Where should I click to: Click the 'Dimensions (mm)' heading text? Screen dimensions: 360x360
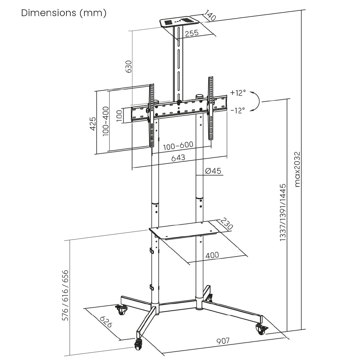click(x=64, y=13)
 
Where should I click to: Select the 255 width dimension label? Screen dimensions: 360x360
click(x=192, y=33)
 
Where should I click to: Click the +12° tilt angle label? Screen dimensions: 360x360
click(x=238, y=93)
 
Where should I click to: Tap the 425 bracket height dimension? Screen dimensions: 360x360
click(x=94, y=123)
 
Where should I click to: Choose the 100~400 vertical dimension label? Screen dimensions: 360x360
click(x=106, y=120)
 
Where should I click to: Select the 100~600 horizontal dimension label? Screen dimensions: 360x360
click(x=178, y=145)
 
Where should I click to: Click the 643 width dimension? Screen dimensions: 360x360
click(x=178, y=158)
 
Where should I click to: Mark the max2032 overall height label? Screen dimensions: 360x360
click(x=298, y=169)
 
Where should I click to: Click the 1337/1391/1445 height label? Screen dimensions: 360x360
click(x=283, y=213)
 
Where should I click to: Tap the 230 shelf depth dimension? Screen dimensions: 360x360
click(x=226, y=224)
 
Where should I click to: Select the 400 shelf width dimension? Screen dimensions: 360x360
click(x=212, y=255)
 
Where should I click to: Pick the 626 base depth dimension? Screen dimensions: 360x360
click(x=106, y=322)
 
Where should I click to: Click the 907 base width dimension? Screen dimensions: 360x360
click(x=223, y=341)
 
